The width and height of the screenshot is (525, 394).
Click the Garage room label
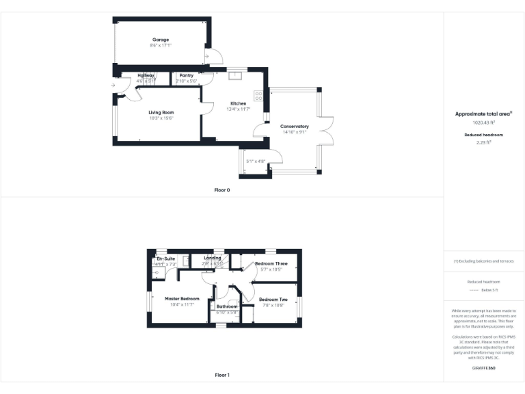click(161, 40)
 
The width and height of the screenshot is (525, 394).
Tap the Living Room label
click(161, 112)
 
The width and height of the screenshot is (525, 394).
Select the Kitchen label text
click(238, 103)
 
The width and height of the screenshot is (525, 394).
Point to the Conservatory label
click(295, 127)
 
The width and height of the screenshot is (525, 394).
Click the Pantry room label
click(187, 75)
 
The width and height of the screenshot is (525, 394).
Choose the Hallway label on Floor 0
click(146, 75)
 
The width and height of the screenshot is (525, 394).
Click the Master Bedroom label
click(182, 299)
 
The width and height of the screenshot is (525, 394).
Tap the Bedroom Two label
click(273, 300)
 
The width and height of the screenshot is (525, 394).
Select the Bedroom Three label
click(271, 263)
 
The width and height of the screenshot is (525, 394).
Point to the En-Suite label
click(166, 259)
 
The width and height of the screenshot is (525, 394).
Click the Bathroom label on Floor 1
click(227, 306)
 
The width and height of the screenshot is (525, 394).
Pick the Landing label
click(213, 258)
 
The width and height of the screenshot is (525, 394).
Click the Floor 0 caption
click(222, 189)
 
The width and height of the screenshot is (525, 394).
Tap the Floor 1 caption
click(222, 375)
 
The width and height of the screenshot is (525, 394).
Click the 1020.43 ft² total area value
click(484, 122)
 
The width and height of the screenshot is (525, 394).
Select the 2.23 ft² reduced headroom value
click(484, 142)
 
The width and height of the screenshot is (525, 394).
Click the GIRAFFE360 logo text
click(484, 369)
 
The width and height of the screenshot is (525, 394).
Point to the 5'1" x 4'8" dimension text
click(256, 161)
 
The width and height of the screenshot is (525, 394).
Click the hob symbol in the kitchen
click(259, 96)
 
